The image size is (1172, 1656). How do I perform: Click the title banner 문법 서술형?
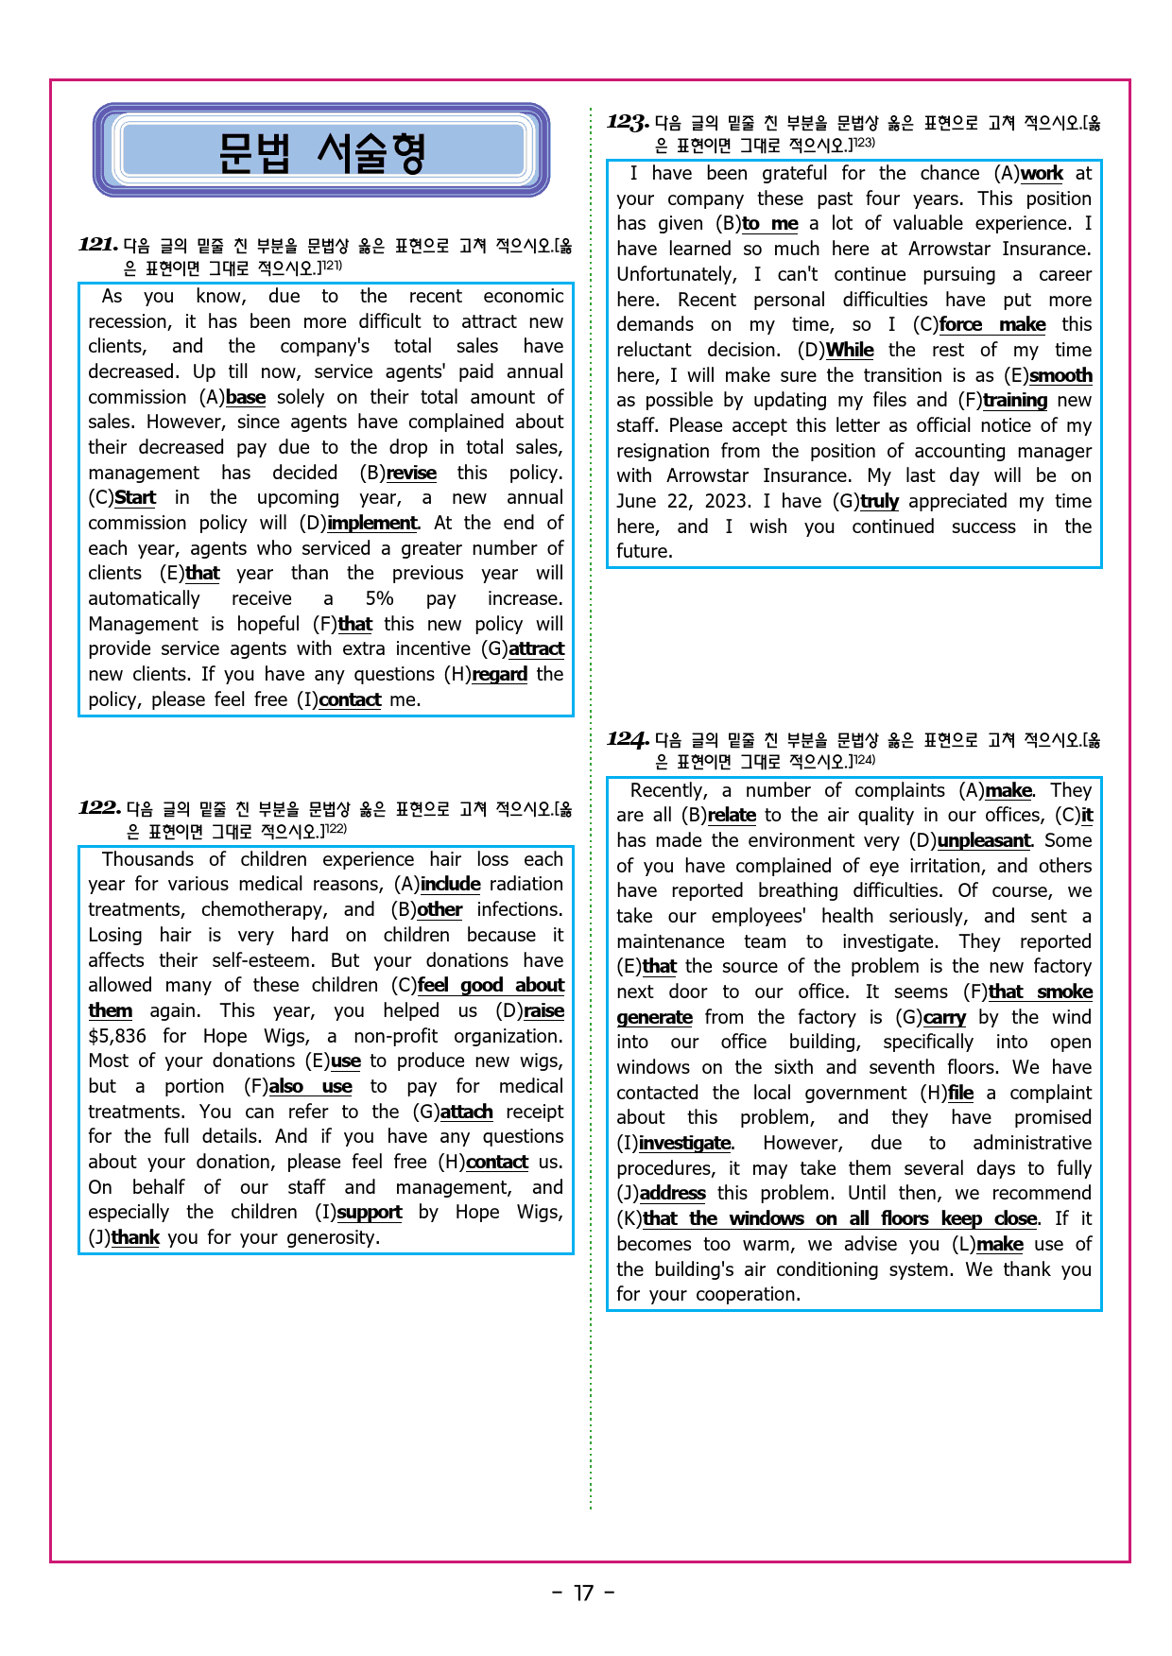point(321,151)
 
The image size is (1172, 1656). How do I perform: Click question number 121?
point(98,245)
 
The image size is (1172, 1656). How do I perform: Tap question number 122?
point(99,808)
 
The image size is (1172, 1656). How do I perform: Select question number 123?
point(627,122)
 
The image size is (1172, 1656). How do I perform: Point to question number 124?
point(628,739)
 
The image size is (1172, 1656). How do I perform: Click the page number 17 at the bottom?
point(584,1594)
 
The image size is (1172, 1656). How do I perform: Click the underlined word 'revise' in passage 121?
point(411,474)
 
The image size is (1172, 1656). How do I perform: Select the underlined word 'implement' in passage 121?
point(371,524)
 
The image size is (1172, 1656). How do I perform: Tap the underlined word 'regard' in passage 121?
point(499,675)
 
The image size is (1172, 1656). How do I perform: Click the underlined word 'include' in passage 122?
point(450,885)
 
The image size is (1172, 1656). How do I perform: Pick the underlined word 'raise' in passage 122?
point(543,1011)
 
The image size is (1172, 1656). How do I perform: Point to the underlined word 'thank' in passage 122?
point(135,1238)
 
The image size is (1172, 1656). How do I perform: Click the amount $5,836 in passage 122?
point(117,1036)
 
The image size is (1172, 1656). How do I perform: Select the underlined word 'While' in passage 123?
point(850,351)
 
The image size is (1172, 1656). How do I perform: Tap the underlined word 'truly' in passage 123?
point(879,502)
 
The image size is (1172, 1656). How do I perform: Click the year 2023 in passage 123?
point(729,502)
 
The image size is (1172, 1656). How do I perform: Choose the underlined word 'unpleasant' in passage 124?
point(983,841)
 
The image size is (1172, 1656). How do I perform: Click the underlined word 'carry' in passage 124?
point(944,1018)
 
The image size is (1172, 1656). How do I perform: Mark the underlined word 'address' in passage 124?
point(672,1194)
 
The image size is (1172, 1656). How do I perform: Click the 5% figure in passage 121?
point(379,599)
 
